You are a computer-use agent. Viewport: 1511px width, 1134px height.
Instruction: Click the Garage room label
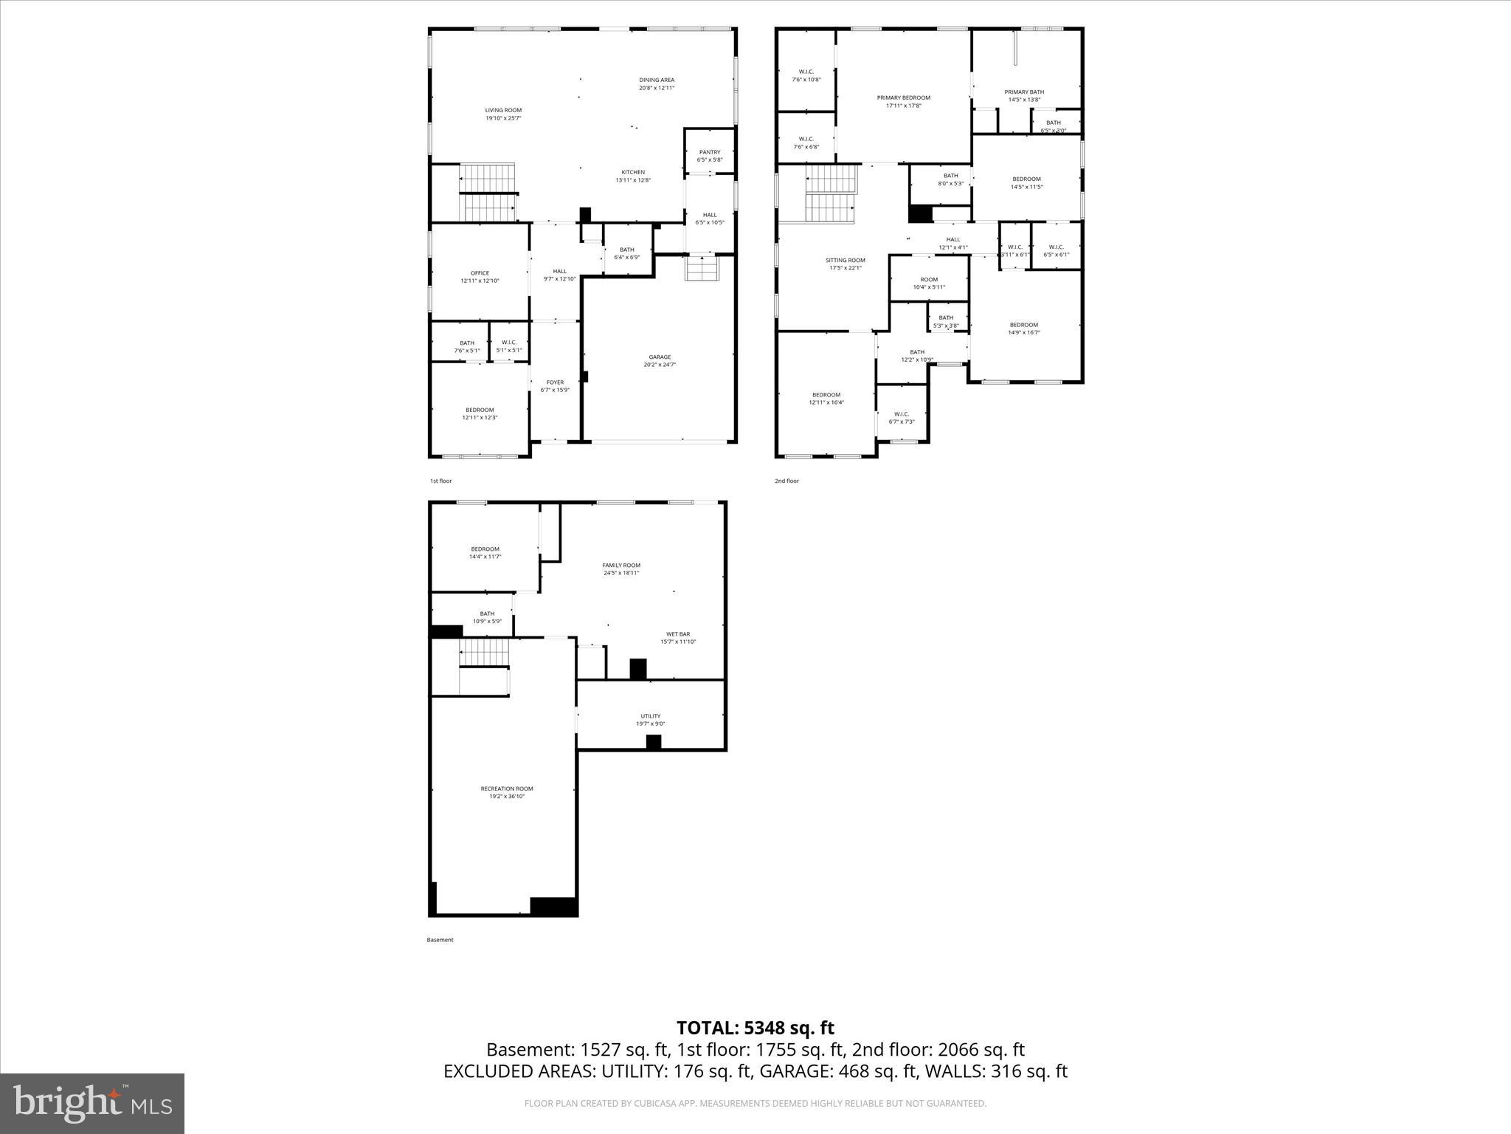(660, 357)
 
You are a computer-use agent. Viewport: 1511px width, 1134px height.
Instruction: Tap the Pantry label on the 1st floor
(710, 152)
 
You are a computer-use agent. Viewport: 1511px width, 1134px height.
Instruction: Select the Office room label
(480, 273)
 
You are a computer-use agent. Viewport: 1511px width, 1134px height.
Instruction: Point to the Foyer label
(555, 382)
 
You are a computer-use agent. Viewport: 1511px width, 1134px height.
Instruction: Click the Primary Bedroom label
(903, 97)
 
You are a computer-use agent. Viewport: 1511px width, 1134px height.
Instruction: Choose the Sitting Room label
(845, 260)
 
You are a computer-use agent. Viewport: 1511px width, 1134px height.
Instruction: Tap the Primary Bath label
(1024, 92)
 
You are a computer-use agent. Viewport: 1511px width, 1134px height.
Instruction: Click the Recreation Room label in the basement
(506, 788)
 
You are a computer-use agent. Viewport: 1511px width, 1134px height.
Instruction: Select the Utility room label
(650, 715)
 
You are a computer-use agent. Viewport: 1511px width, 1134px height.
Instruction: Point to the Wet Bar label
(677, 633)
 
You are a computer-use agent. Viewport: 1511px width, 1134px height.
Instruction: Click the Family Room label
(620, 565)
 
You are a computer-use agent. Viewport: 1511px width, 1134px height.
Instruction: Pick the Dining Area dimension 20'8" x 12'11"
(656, 88)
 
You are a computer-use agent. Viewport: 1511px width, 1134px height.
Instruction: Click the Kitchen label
(632, 172)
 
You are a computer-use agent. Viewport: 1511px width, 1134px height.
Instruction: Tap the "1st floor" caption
(440, 481)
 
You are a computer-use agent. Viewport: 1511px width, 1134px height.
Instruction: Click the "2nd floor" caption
(786, 481)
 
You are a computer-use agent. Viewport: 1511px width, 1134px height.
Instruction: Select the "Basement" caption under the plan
(440, 940)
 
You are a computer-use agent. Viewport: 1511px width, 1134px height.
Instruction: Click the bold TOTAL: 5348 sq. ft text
(755, 1028)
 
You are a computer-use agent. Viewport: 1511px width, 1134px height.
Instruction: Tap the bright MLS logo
(92, 1103)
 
